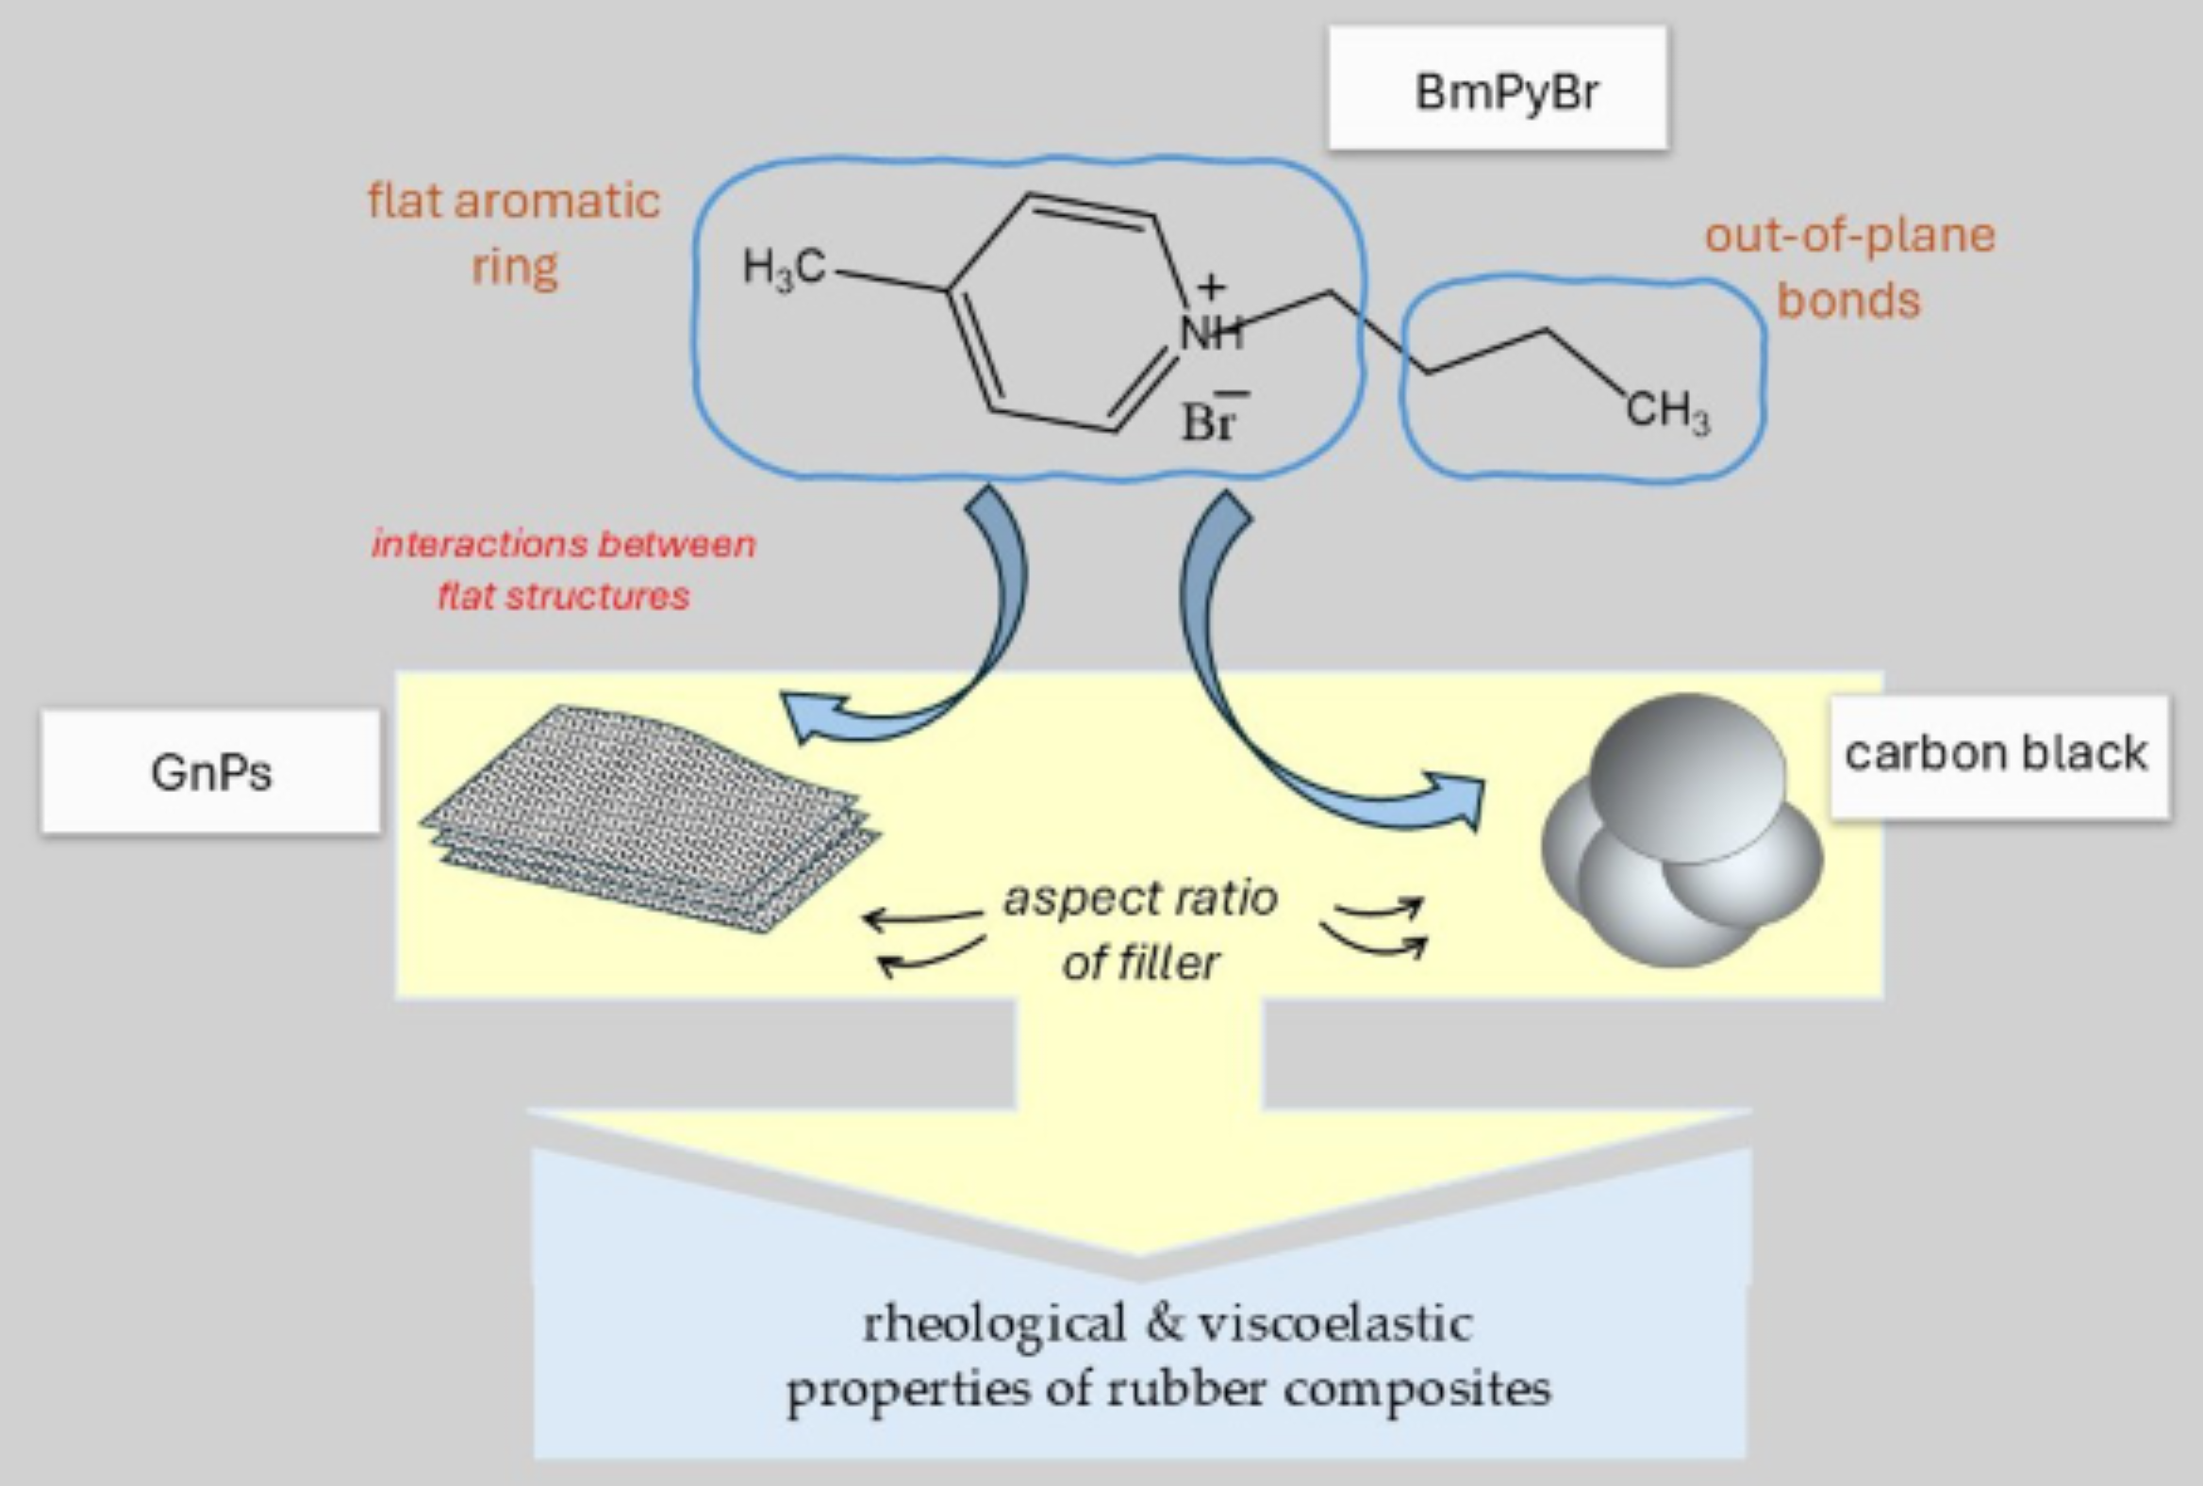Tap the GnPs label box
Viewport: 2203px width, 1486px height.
tap(210, 771)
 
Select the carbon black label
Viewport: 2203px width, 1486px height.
tap(1996, 754)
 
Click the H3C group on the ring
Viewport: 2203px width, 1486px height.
tap(784, 269)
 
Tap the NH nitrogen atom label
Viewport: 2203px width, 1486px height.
tap(1210, 333)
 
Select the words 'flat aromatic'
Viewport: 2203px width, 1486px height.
tap(514, 201)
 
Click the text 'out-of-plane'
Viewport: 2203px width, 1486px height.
tap(1849, 235)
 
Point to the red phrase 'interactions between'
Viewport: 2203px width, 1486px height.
tap(564, 544)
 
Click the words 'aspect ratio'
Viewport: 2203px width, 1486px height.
tap(1140, 899)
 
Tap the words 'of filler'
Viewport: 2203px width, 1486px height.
tap(1140, 963)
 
